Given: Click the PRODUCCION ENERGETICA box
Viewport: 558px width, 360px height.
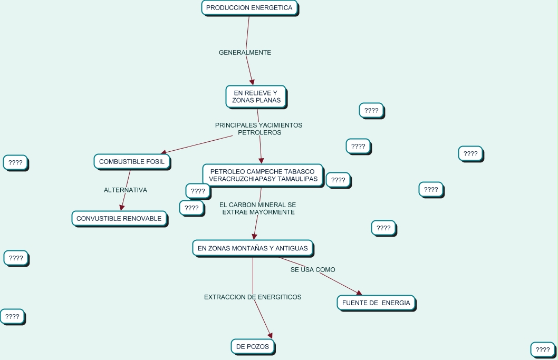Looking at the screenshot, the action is [249, 8].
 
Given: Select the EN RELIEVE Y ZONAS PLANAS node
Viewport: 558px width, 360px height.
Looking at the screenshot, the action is [256, 96].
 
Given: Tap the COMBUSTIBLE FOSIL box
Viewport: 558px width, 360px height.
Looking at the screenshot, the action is [131, 162].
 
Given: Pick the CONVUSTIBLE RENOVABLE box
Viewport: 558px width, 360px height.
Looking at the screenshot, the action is [119, 218].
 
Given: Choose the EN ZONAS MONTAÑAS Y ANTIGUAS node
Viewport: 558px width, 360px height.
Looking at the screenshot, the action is [253, 248].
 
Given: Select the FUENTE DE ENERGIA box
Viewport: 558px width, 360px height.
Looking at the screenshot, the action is [376, 303].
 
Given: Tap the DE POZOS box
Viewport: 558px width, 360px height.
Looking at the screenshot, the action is [253, 346].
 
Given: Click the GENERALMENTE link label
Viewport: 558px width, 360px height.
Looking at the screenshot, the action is [245, 53].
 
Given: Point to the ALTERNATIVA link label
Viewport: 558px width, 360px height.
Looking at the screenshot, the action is [126, 190].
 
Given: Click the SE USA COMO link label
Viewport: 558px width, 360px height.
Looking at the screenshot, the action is [313, 270].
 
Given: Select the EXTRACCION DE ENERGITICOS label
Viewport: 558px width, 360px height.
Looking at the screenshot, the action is [253, 297].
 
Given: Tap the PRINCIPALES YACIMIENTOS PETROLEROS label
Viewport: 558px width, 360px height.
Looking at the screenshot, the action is [259, 129].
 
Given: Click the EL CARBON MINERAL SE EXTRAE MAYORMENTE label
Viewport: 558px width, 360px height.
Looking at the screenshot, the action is [258, 208].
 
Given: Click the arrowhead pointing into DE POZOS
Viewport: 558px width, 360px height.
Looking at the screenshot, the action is [270, 335].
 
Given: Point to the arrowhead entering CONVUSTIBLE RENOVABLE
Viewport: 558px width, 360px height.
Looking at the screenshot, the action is [122, 208].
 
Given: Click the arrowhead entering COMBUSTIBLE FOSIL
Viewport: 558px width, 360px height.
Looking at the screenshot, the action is [163, 152].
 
